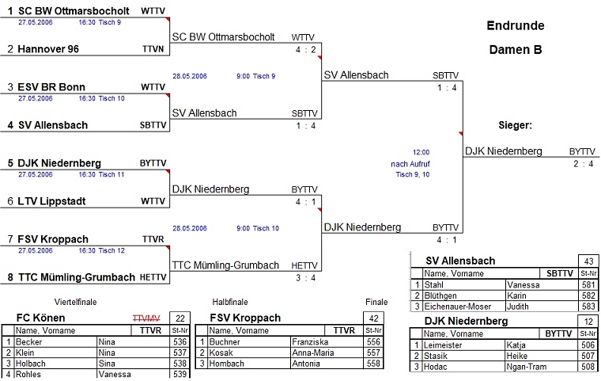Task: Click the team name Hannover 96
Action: click(x=48, y=49)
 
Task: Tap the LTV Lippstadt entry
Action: click(x=52, y=201)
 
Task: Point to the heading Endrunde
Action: click(x=515, y=25)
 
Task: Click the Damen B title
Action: click(x=515, y=49)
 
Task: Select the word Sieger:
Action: click(x=515, y=125)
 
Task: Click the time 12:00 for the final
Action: click(x=421, y=152)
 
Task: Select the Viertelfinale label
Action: click(x=75, y=302)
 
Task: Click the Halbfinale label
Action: click(x=230, y=302)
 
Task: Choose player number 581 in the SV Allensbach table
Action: click(x=588, y=284)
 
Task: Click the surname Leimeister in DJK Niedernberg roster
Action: click(x=448, y=345)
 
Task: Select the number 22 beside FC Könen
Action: click(x=180, y=318)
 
